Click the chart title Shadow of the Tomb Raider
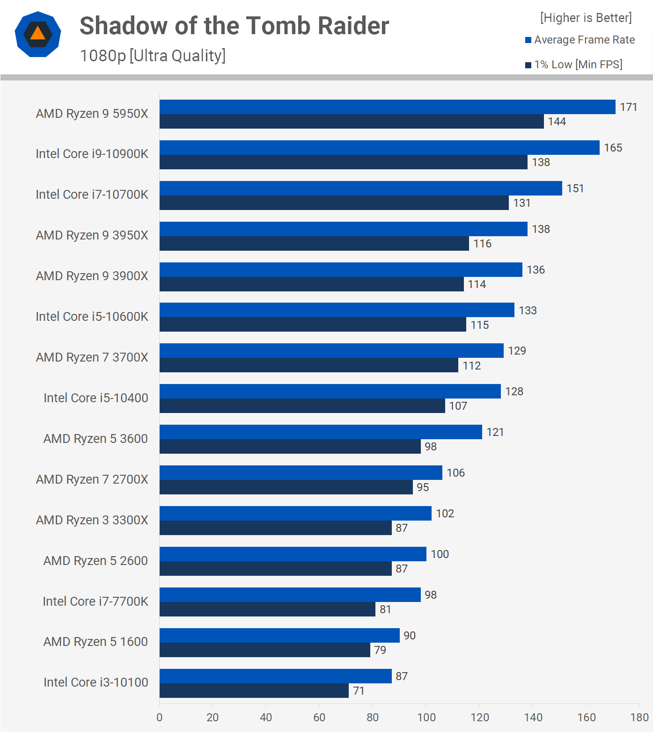coord(234,26)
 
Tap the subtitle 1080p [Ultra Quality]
coord(153,56)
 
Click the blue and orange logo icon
coord(38,34)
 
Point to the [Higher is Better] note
coord(586,18)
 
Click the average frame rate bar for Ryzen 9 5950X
coord(387,107)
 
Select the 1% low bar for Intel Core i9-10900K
coord(343,162)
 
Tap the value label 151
coord(575,188)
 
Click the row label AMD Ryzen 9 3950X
coord(92,235)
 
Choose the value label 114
coord(477,284)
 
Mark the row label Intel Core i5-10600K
coord(92,317)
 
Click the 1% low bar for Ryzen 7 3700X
coord(308,365)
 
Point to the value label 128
coord(514,391)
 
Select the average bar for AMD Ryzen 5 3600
coord(321,432)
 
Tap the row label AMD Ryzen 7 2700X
coord(92,479)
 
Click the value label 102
coord(445,514)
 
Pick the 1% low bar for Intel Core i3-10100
coord(254,691)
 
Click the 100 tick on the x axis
coord(426,718)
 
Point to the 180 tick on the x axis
coord(639,718)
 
